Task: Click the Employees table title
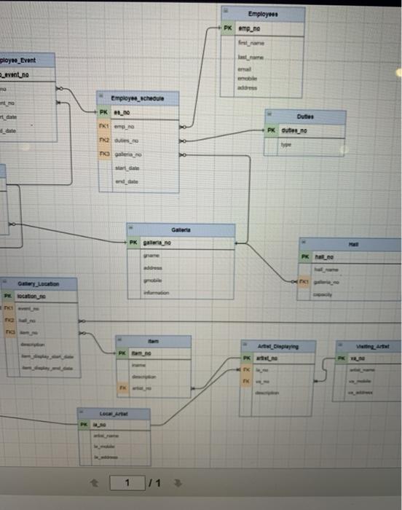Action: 262,14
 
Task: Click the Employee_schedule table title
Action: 138,98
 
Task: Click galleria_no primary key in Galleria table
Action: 157,243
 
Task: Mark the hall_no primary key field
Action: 324,256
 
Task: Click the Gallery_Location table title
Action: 39,283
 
